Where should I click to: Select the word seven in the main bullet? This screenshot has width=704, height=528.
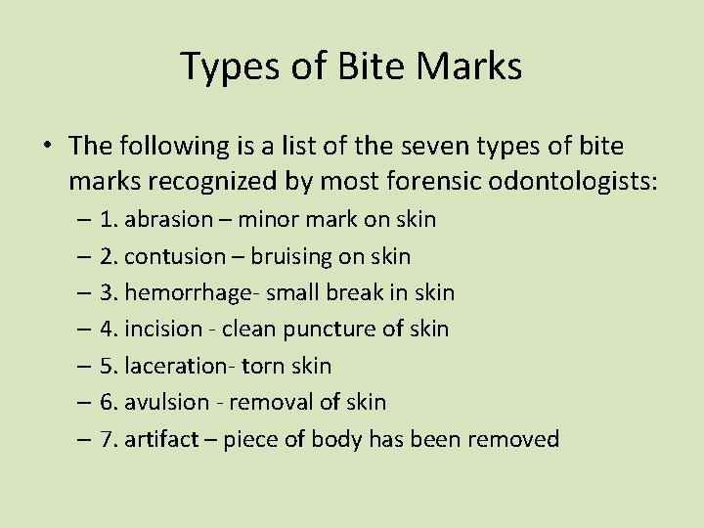tap(462, 146)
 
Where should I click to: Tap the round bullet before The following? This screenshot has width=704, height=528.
tap(47, 147)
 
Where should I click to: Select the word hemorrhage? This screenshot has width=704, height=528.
tap(188, 292)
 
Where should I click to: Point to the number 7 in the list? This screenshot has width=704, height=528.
tap(106, 439)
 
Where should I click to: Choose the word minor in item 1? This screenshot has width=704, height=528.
tap(266, 219)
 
